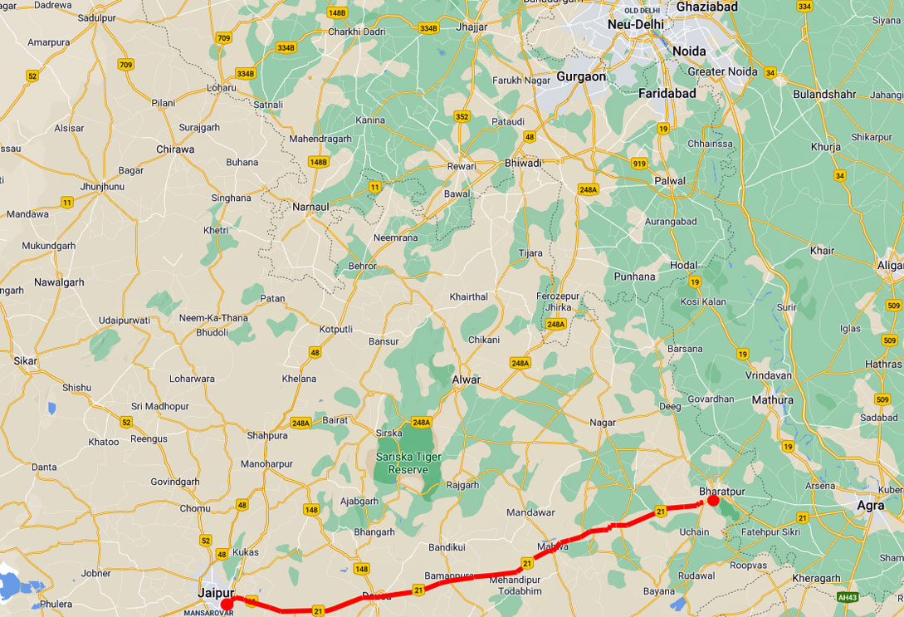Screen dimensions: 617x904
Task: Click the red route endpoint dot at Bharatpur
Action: pyautogui.click(x=713, y=501)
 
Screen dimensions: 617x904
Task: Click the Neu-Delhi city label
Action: pyautogui.click(x=636, y=25)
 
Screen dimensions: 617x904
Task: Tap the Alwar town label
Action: pyautogui.click(x=466, y=380)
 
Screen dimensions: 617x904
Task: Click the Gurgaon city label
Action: pyautogui.click(x=581, y=76)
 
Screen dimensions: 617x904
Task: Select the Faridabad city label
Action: pyautogui.click(x=667, y=94)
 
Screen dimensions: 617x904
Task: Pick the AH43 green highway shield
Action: pyautogui.click(x=847, y=597)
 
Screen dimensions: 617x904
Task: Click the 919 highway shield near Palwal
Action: pyautogui.click(x=638, y=163)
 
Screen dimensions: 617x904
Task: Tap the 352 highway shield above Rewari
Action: pyautogui.click(x=462, y=117)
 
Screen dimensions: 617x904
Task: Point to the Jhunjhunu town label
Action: pyautogui.click(x=102, y=187)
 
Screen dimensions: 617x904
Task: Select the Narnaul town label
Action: pyautogui.click(x=312, y=206)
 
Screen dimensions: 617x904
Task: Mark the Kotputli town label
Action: pyautogui.click(x=336, y=329)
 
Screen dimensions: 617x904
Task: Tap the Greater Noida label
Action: pyautogui.click(x=722, y=71)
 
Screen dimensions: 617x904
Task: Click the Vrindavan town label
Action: pyautogui.click(x=769, y=375)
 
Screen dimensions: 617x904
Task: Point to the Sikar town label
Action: pyautogui.click(x=25, y=361)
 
